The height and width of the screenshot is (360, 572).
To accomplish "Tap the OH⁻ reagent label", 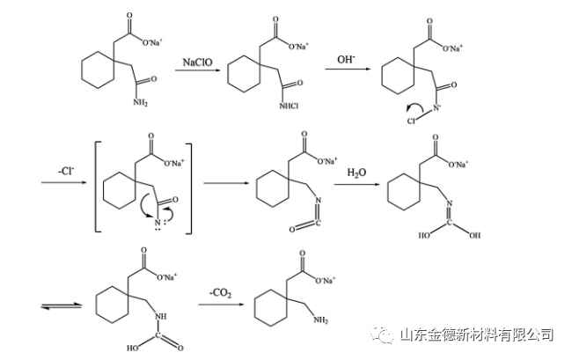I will click(x=347, y=60).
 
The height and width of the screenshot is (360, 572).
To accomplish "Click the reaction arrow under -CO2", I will click(x=220, y=305).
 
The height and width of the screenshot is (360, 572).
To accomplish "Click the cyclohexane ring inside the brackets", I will click(x=121, y=188).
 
